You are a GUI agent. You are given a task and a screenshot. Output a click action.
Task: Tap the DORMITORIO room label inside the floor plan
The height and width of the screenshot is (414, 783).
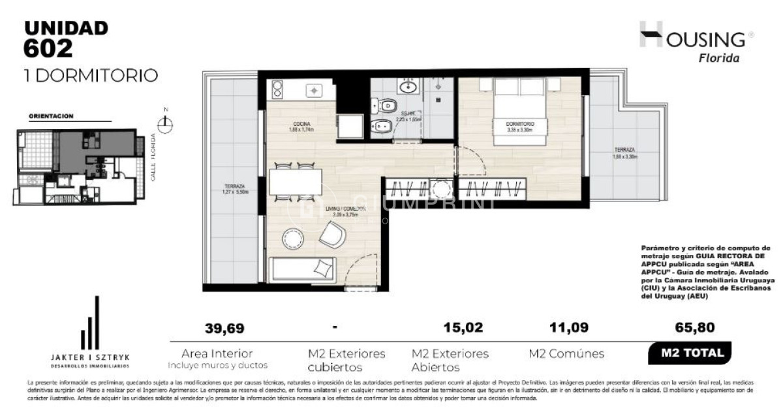click(x=520, y=123)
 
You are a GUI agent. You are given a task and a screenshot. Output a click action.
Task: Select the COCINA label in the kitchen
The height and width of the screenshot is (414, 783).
click(x=283, y=123)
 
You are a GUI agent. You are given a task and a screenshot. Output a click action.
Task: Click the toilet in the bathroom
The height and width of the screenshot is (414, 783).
click(x=384, y=105)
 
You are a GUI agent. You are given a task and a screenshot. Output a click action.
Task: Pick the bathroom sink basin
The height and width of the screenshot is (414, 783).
click(x=410, y=85)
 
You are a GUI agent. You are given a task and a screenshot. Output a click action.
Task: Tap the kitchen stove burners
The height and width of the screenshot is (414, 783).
click(x=277, y=89)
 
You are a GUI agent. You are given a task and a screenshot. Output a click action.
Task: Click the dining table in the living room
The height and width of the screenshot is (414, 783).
click(x=296, y=181)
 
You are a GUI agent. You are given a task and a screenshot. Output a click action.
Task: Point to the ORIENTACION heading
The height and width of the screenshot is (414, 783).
click(x=51, y=116)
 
